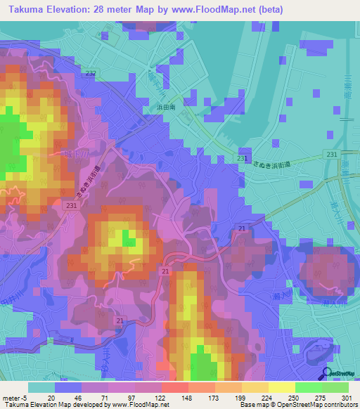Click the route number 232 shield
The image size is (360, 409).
click(x=91, y=73)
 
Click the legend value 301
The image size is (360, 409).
click(x=345, y=397)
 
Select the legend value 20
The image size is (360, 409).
click(x=51, y=397)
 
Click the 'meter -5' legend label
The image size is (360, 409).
click(x=15, y=397)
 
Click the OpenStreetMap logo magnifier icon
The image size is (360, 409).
click(x=327, y=375)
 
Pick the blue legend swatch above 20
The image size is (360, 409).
click(x=68, y=387)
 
